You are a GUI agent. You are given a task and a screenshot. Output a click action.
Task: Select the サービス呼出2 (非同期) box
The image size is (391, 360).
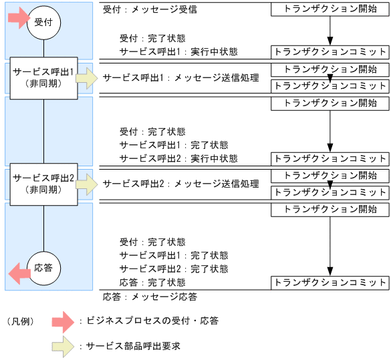(x=43, y=185)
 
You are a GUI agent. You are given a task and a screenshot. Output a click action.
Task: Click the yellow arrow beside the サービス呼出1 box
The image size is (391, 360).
(x=86, y=78)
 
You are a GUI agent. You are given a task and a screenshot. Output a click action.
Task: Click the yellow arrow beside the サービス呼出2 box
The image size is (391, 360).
(x=86, y=185)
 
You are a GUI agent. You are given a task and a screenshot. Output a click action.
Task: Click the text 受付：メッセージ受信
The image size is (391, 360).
(x=150, y=11)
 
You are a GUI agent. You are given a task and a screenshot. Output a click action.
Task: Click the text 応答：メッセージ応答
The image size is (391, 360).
(x=150, y=296)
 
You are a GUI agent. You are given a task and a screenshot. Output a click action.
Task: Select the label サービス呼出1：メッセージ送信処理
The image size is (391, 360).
(x=180, y=78)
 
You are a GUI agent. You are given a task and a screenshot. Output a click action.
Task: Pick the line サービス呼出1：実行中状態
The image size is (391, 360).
(x=178, y=51)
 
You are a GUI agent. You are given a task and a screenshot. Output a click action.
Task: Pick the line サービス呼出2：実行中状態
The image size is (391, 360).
(x=178, y=158)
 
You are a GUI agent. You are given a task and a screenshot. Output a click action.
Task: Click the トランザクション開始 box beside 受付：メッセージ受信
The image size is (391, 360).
(x=330, y=10)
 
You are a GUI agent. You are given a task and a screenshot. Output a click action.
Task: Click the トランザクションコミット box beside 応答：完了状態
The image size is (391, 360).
(x=330, y=283)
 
